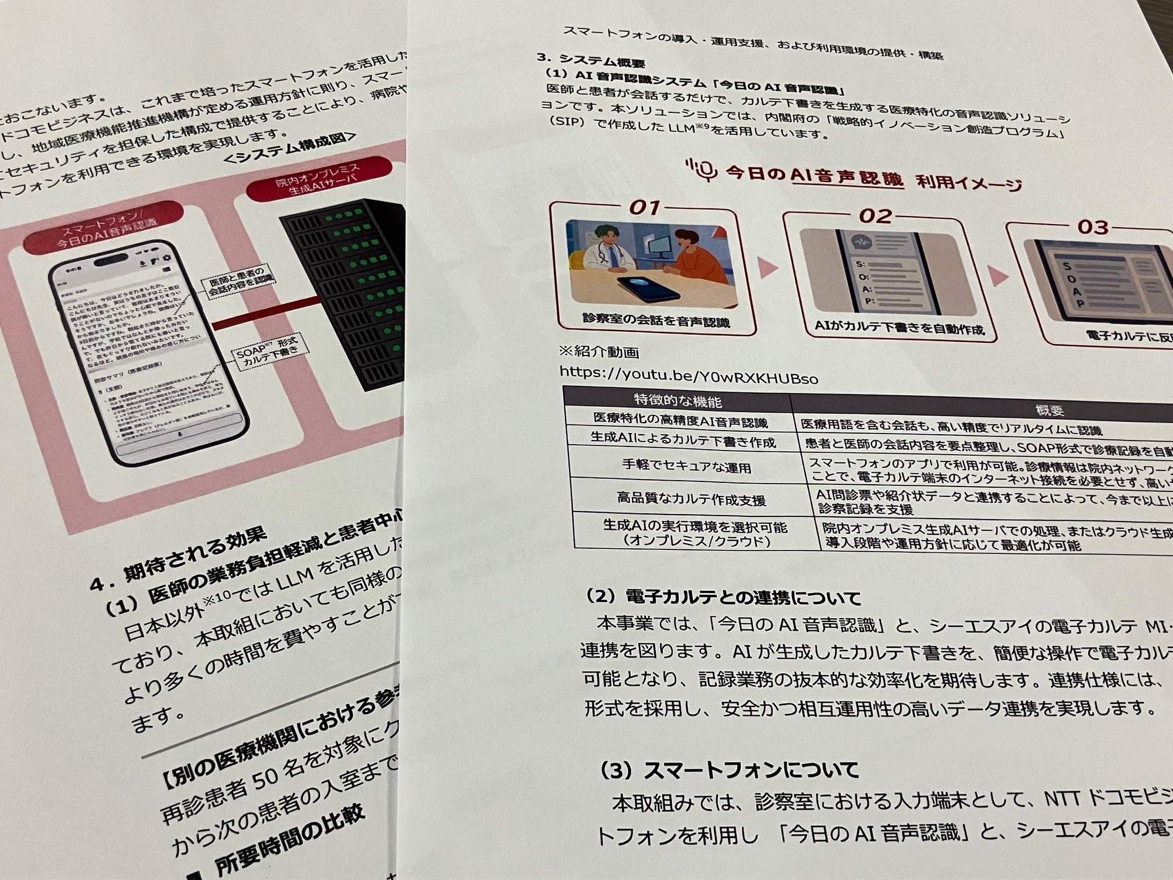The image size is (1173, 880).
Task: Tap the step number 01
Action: tap(645, 207)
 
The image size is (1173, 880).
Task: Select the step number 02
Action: tap(875, 217)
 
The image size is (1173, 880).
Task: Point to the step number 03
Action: tap(1093, 227)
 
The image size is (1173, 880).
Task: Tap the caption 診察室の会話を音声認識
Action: tap(656, 321)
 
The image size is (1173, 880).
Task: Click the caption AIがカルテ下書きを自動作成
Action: tap(899, 328)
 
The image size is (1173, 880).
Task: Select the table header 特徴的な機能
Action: tap(678, 401)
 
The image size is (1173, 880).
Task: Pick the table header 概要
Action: tap(1049, 410)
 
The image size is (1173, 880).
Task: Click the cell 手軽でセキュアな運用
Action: tap(687, 467)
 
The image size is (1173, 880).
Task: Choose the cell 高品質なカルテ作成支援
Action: tap(691, 499)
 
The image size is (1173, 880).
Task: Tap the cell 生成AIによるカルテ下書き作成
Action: tap(683, 441)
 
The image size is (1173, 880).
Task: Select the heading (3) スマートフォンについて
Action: tap(729, 771)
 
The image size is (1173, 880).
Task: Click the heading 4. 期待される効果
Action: tap(178, 559)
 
